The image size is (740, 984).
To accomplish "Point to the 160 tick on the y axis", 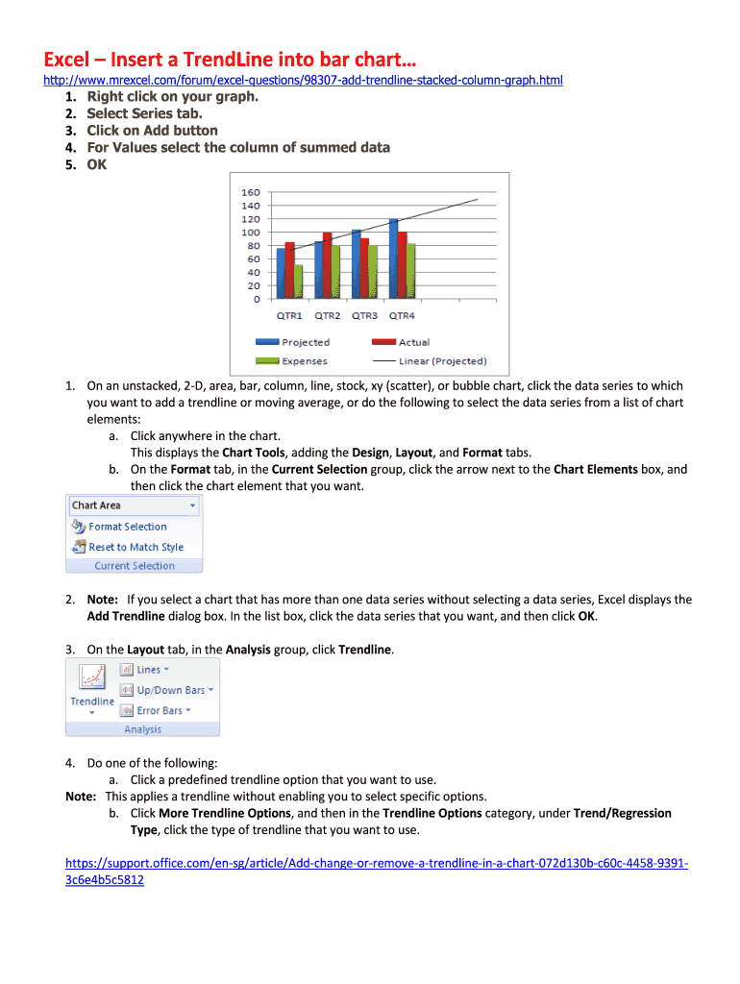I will coord(250,191).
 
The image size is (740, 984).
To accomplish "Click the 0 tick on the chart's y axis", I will coord(256,299).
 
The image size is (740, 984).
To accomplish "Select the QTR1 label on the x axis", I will coord(289,315).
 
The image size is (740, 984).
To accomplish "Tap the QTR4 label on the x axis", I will coord(401,315).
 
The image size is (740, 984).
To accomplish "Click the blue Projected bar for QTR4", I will coord(393,258).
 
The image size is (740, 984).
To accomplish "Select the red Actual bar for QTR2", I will coord(327,263).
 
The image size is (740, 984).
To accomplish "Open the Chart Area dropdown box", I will coord(134,505).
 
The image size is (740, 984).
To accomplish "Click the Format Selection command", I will coord(127,527).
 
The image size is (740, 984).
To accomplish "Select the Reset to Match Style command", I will coord(136,547).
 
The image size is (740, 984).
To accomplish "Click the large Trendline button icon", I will coord(91,678).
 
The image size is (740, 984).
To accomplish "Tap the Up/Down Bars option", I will coord(170,690).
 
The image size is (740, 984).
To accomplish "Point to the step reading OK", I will coord(97,164).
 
